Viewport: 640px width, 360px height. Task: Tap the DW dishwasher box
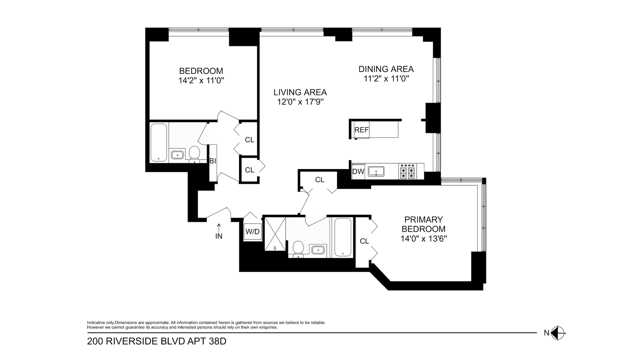pos(358,172)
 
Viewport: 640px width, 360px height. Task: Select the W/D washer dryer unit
pos(252,231)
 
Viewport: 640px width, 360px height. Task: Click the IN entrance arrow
pos(219,231)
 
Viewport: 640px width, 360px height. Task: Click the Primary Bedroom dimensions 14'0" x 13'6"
pos(423,239)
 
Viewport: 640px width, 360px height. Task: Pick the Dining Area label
pos(386,69)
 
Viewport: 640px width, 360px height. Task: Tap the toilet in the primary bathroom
pos(297,249)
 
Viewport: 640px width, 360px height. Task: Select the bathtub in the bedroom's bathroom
pos(159,143)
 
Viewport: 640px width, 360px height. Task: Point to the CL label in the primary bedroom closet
pos(364,241)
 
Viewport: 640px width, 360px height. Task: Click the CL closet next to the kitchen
pos(319,180)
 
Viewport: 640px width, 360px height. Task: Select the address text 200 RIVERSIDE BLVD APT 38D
pos(157,342)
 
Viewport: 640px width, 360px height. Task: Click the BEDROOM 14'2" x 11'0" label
pos(201,76)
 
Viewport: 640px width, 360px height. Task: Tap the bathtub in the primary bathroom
pos(343,237)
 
